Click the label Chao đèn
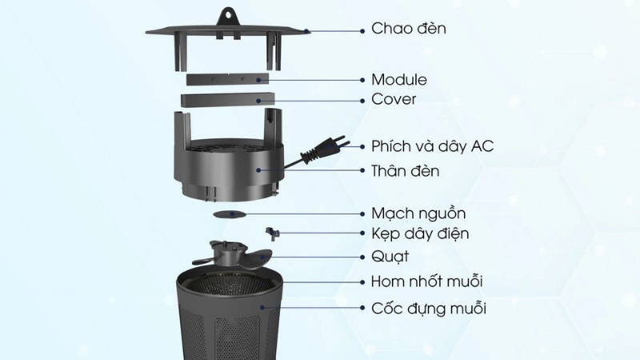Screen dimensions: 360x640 point(409,29)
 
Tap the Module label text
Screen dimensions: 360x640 point(398,80)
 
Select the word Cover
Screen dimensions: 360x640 point(394,100)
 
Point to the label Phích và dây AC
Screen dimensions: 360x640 point(432,146)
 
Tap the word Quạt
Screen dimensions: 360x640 point(390,257)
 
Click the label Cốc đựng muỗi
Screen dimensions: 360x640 point(429,308)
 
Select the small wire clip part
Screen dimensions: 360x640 point(273,232)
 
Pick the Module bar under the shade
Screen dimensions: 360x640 point(223,79)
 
